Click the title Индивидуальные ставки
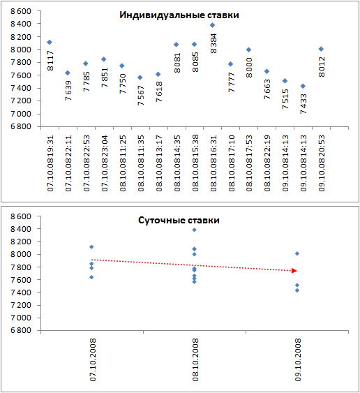[179, 15]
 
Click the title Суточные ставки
[179, 221]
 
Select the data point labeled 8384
[213, 25]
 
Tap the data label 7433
[303, 104]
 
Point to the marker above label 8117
[50, 42]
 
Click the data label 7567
[141, 96]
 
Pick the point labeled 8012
[321, 49]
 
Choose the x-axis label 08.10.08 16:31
[213, 163]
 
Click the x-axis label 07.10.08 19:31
[50, 163]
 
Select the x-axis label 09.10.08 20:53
[322, 163]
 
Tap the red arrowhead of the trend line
[294, 271]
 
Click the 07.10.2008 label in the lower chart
[93, 360]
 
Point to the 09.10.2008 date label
[298, 360]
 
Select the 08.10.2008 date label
[195, 360]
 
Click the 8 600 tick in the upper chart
[21, 11]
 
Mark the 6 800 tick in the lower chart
[21, 330]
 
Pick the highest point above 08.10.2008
[194, 230]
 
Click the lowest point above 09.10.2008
[297, 290]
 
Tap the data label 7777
[232, 82]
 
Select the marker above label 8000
[248, 50]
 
